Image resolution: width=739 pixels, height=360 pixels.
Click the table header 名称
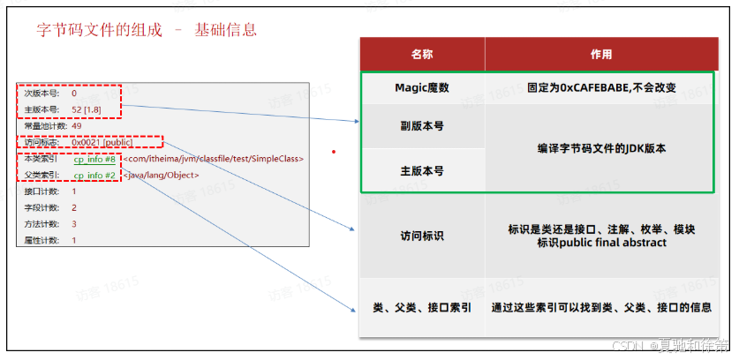click(422, 54)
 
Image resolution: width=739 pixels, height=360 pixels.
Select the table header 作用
click(600, 54)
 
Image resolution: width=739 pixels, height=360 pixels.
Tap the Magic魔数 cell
click(422, 88)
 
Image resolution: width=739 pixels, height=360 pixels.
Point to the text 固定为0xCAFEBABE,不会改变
click(600, 88)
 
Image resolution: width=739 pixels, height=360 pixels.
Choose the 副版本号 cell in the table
click(422, 126)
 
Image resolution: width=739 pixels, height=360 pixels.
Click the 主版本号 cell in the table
click(422, 170)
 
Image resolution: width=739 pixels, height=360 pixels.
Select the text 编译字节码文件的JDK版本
click(600, 148)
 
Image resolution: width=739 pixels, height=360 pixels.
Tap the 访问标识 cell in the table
click(422, 236)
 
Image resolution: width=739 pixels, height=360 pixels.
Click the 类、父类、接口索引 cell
click(422, 308)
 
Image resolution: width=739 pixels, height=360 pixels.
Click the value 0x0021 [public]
click(102, 142)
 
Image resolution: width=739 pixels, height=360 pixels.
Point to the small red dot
click(333, 151)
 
